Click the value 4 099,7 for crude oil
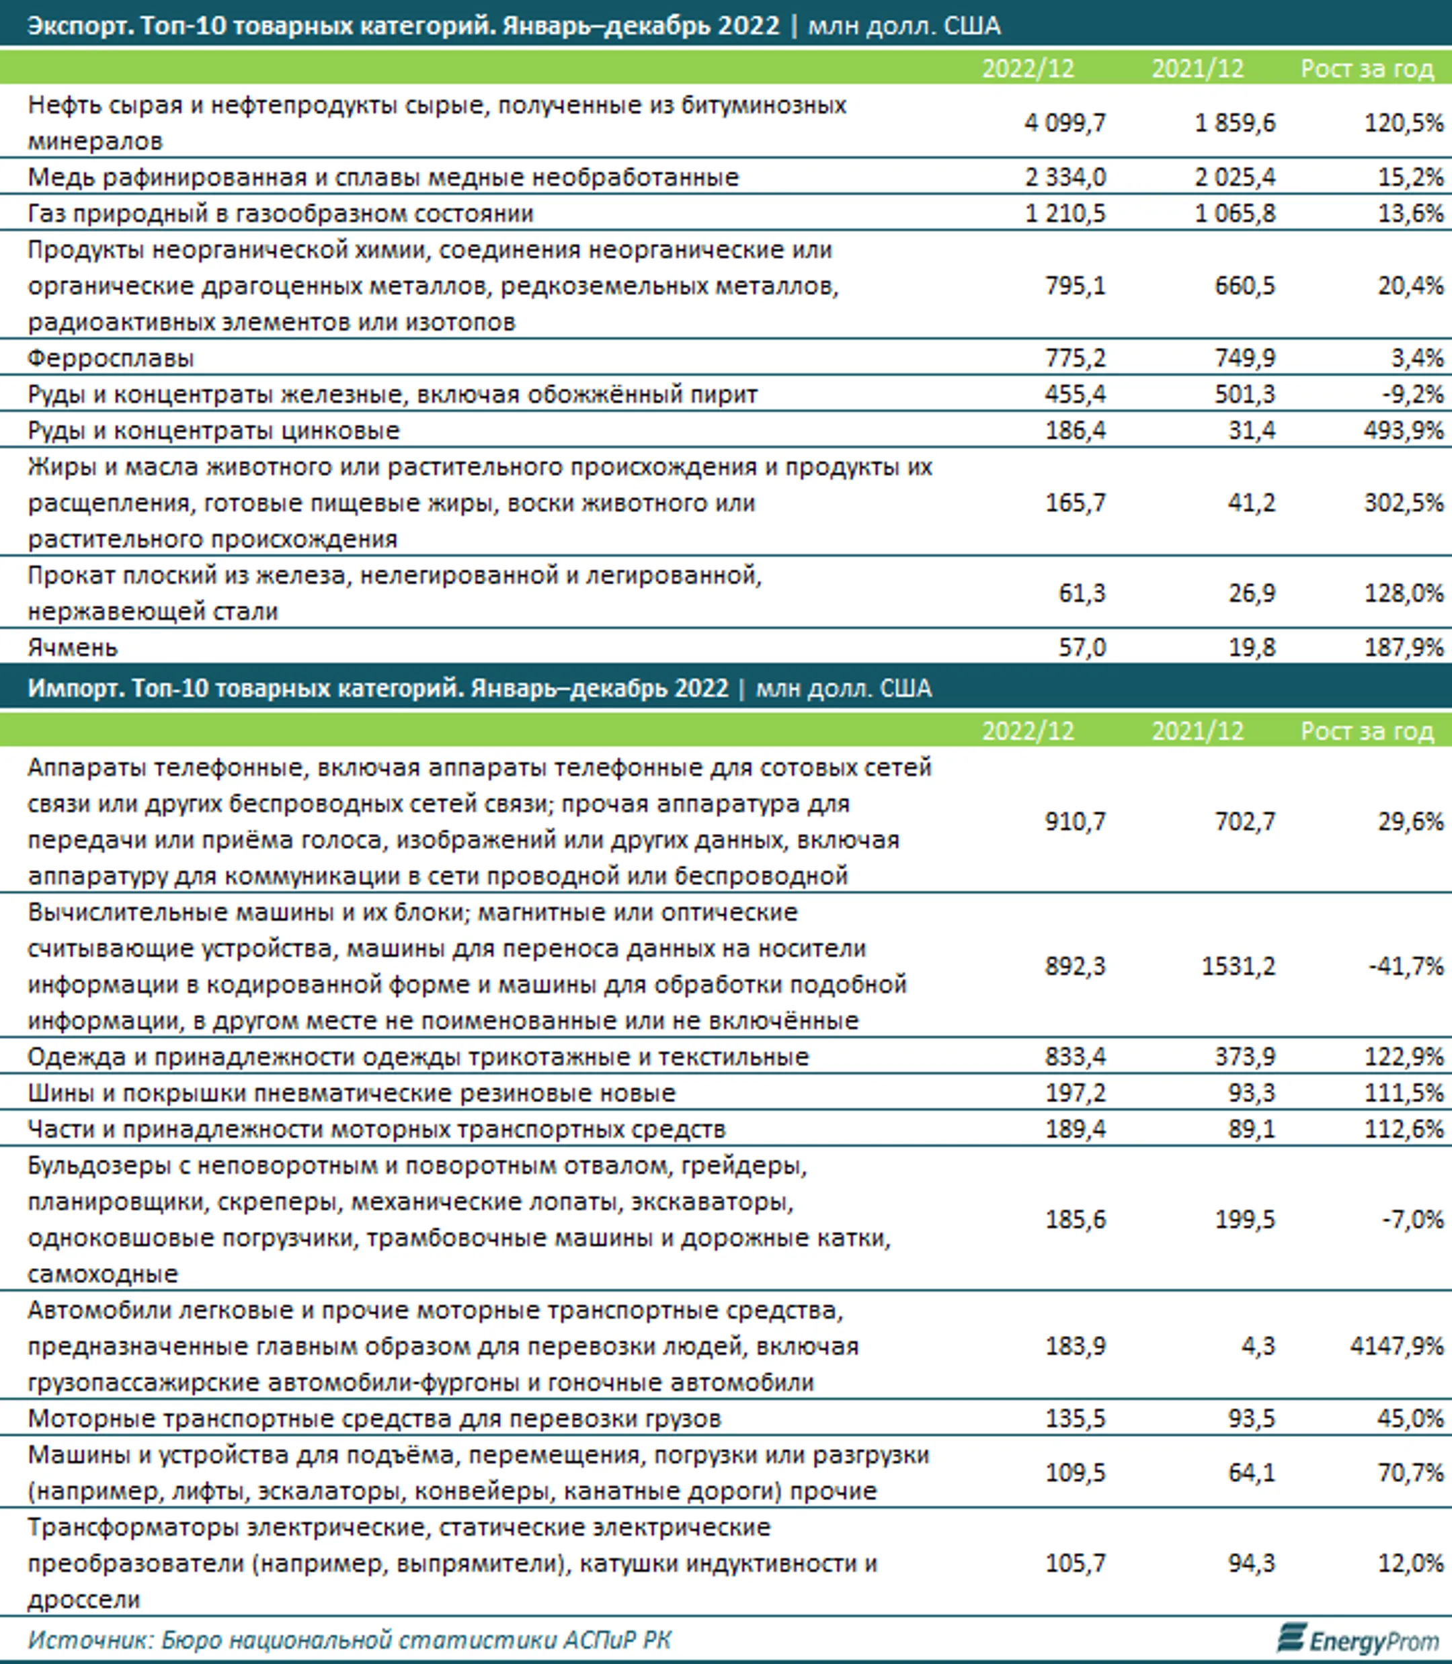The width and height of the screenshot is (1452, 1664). (x=1065, y=123)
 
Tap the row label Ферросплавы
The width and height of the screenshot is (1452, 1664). (x=111, y=358)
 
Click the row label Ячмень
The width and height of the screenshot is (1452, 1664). (x=73, y=647)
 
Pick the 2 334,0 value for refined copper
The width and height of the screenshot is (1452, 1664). (x=1065, y=177)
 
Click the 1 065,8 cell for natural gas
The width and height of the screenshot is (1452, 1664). (x=1235, y=214)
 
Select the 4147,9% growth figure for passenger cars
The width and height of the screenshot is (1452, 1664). (x=1396, y=1346)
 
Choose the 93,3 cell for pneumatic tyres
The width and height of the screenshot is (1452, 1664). (x=1251, y=1093)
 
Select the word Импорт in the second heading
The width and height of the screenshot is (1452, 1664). (x=74, y=689)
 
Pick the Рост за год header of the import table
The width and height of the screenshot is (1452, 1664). (x=1367, y=732)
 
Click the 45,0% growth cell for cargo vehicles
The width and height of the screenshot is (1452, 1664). (x=1411, y=1419)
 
